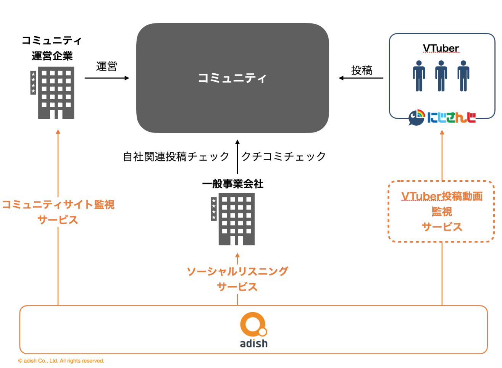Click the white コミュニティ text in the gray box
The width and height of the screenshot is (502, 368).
coord(232,78)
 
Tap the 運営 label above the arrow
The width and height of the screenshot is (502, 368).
coord(107,66)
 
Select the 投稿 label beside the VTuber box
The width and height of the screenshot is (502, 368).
coord(362,70)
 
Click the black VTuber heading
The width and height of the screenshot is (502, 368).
coord(441,48)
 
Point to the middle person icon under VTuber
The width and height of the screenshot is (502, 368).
coord(441,76)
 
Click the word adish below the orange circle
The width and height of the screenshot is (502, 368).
coord(254,343)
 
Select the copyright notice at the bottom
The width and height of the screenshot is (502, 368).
coord(61,361)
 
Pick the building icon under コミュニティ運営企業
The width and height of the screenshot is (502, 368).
coord(52,93)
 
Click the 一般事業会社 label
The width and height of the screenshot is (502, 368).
coord(233,184)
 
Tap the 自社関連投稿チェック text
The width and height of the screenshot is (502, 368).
coord(176,157)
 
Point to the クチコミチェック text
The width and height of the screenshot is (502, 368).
coord(284,157)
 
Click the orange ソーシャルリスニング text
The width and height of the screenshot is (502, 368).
coord(237,271)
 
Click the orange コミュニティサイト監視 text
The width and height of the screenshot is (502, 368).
coord(58,205)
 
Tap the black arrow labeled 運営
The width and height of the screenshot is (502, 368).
coord(107,78)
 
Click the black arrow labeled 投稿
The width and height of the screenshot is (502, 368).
coord(361,78)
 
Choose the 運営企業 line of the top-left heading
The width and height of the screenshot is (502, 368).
coord(52,56)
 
